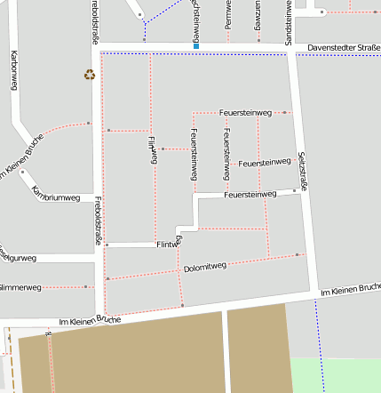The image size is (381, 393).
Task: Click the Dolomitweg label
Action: pyautogui.click(x=205, y=266)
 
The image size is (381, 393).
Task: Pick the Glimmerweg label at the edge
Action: pyautogui.click(x=20, y=287)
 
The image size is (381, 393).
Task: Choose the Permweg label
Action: pyautogui.click(x=228, y=16)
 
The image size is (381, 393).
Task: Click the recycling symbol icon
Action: pyautogui.click(x=89, y=75)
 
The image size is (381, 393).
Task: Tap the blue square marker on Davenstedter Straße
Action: pyautogui.click(x=196, y=45)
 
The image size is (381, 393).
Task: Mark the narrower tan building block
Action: pyautogui.click(x=258, y=349)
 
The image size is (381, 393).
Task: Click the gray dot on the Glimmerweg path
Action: pyautogui.click(x=86, y=286)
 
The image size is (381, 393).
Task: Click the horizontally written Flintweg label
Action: pyautogui.click(x=169, y=243)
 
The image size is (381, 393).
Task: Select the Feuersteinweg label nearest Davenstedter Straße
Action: pyautogui.click(x=243, y=113)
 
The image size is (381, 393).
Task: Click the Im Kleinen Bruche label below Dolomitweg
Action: pyautogui.click(x=89, y=319)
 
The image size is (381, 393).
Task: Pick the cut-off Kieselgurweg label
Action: pyautogui.click(x=18, y=258)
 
